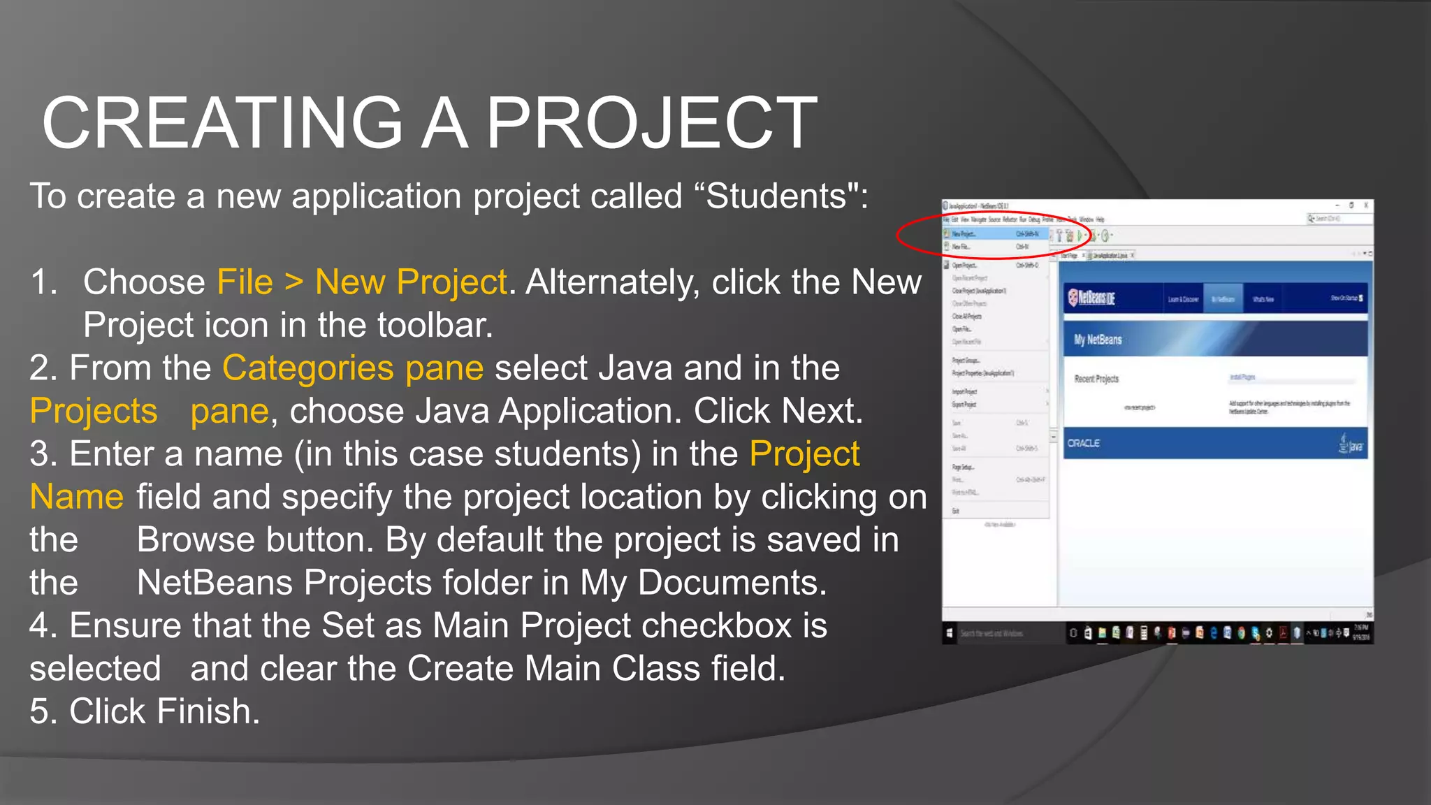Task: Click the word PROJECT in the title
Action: coord(651,123)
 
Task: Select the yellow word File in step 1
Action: coord(245,282)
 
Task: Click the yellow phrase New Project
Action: coord(411,282)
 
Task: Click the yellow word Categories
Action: coord(308,368)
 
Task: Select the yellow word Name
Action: coord(77,497)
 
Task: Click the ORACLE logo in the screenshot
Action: coord(1084,443)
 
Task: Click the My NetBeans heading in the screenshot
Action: coord(1098,340)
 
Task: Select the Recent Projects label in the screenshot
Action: coord(1096,379)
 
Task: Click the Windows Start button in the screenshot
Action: coord(950,633)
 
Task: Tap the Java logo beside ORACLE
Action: coord(1351,444)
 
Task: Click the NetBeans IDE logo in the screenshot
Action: coord(1092,298)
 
